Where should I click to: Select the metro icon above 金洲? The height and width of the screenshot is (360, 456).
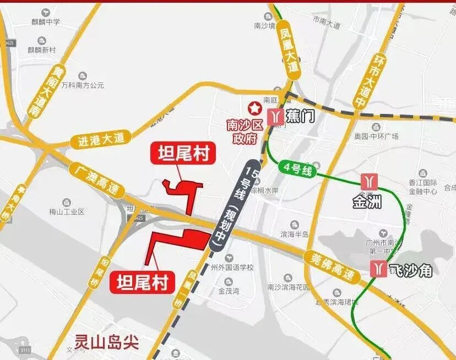pos(368,181)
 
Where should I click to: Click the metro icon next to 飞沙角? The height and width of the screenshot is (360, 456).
pos(378,268)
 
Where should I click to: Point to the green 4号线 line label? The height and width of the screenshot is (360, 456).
pos(300,170)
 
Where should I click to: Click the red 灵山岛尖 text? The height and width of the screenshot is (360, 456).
pos(108,343)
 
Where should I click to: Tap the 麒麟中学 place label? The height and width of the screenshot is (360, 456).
pos(45,22)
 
